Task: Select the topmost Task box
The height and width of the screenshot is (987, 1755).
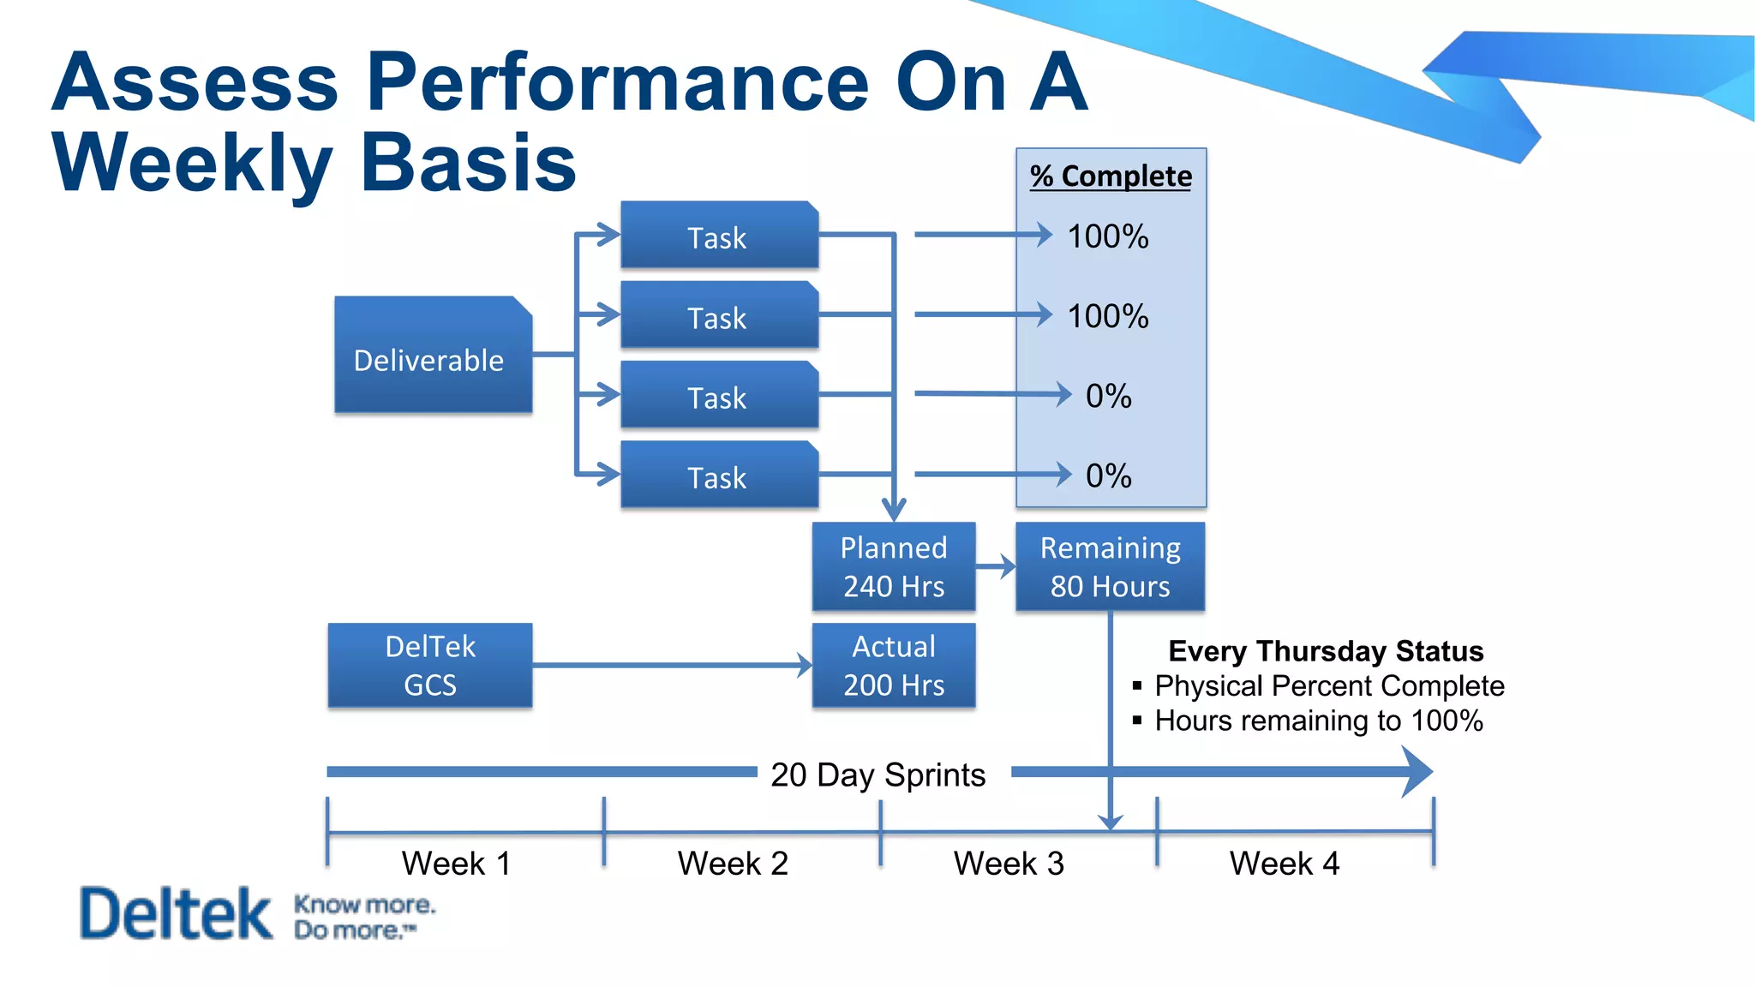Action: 719,235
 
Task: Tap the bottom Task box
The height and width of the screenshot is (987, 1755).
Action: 719,475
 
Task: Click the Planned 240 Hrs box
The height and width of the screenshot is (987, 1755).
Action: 893,566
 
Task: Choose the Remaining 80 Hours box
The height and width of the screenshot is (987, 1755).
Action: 1110,566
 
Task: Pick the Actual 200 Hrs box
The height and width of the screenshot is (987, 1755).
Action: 893,665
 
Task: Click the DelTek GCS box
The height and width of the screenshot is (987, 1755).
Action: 430,665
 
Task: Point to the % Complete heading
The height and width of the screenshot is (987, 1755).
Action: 1111,176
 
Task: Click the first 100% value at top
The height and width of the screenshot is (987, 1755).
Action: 1107,236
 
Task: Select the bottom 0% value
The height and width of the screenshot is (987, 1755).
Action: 1108,476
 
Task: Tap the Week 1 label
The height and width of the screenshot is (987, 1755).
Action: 456,863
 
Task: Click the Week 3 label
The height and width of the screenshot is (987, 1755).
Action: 1009,863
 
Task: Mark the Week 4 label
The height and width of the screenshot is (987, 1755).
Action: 1284,863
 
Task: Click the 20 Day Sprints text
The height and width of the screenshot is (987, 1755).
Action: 877,775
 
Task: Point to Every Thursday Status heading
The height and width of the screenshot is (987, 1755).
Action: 1326,651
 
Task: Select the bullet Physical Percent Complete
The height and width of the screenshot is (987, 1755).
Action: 1328,686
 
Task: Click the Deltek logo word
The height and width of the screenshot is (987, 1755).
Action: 176,913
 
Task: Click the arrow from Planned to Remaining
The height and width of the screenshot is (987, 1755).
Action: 996,566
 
